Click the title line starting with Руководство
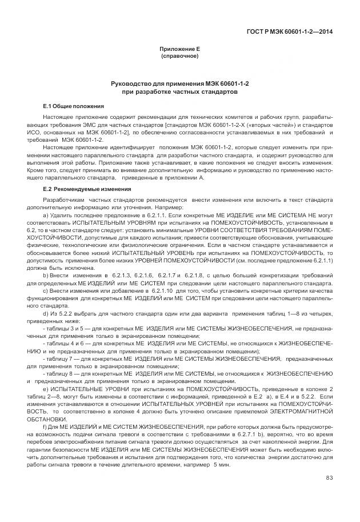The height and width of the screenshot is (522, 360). click(179, 84)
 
